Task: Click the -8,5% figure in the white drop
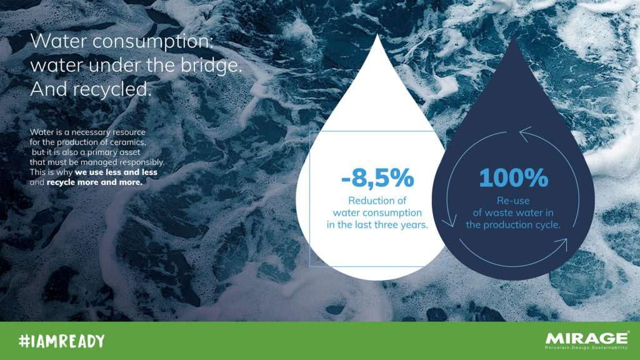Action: point(377,178)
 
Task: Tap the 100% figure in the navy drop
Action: point(514,177)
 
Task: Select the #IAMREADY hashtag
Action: point(62,341)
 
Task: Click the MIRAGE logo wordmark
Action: point(586,338)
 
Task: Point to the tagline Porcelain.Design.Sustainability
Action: point(586,347)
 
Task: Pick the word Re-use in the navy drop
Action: point(513,201)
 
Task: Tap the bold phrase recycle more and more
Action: point(95,182)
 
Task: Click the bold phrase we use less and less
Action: point(116,172)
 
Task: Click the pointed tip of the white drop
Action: point(377,35)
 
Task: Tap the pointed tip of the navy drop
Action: point(514,36)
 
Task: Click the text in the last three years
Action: point(377,224)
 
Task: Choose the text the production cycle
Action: point(513,224)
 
